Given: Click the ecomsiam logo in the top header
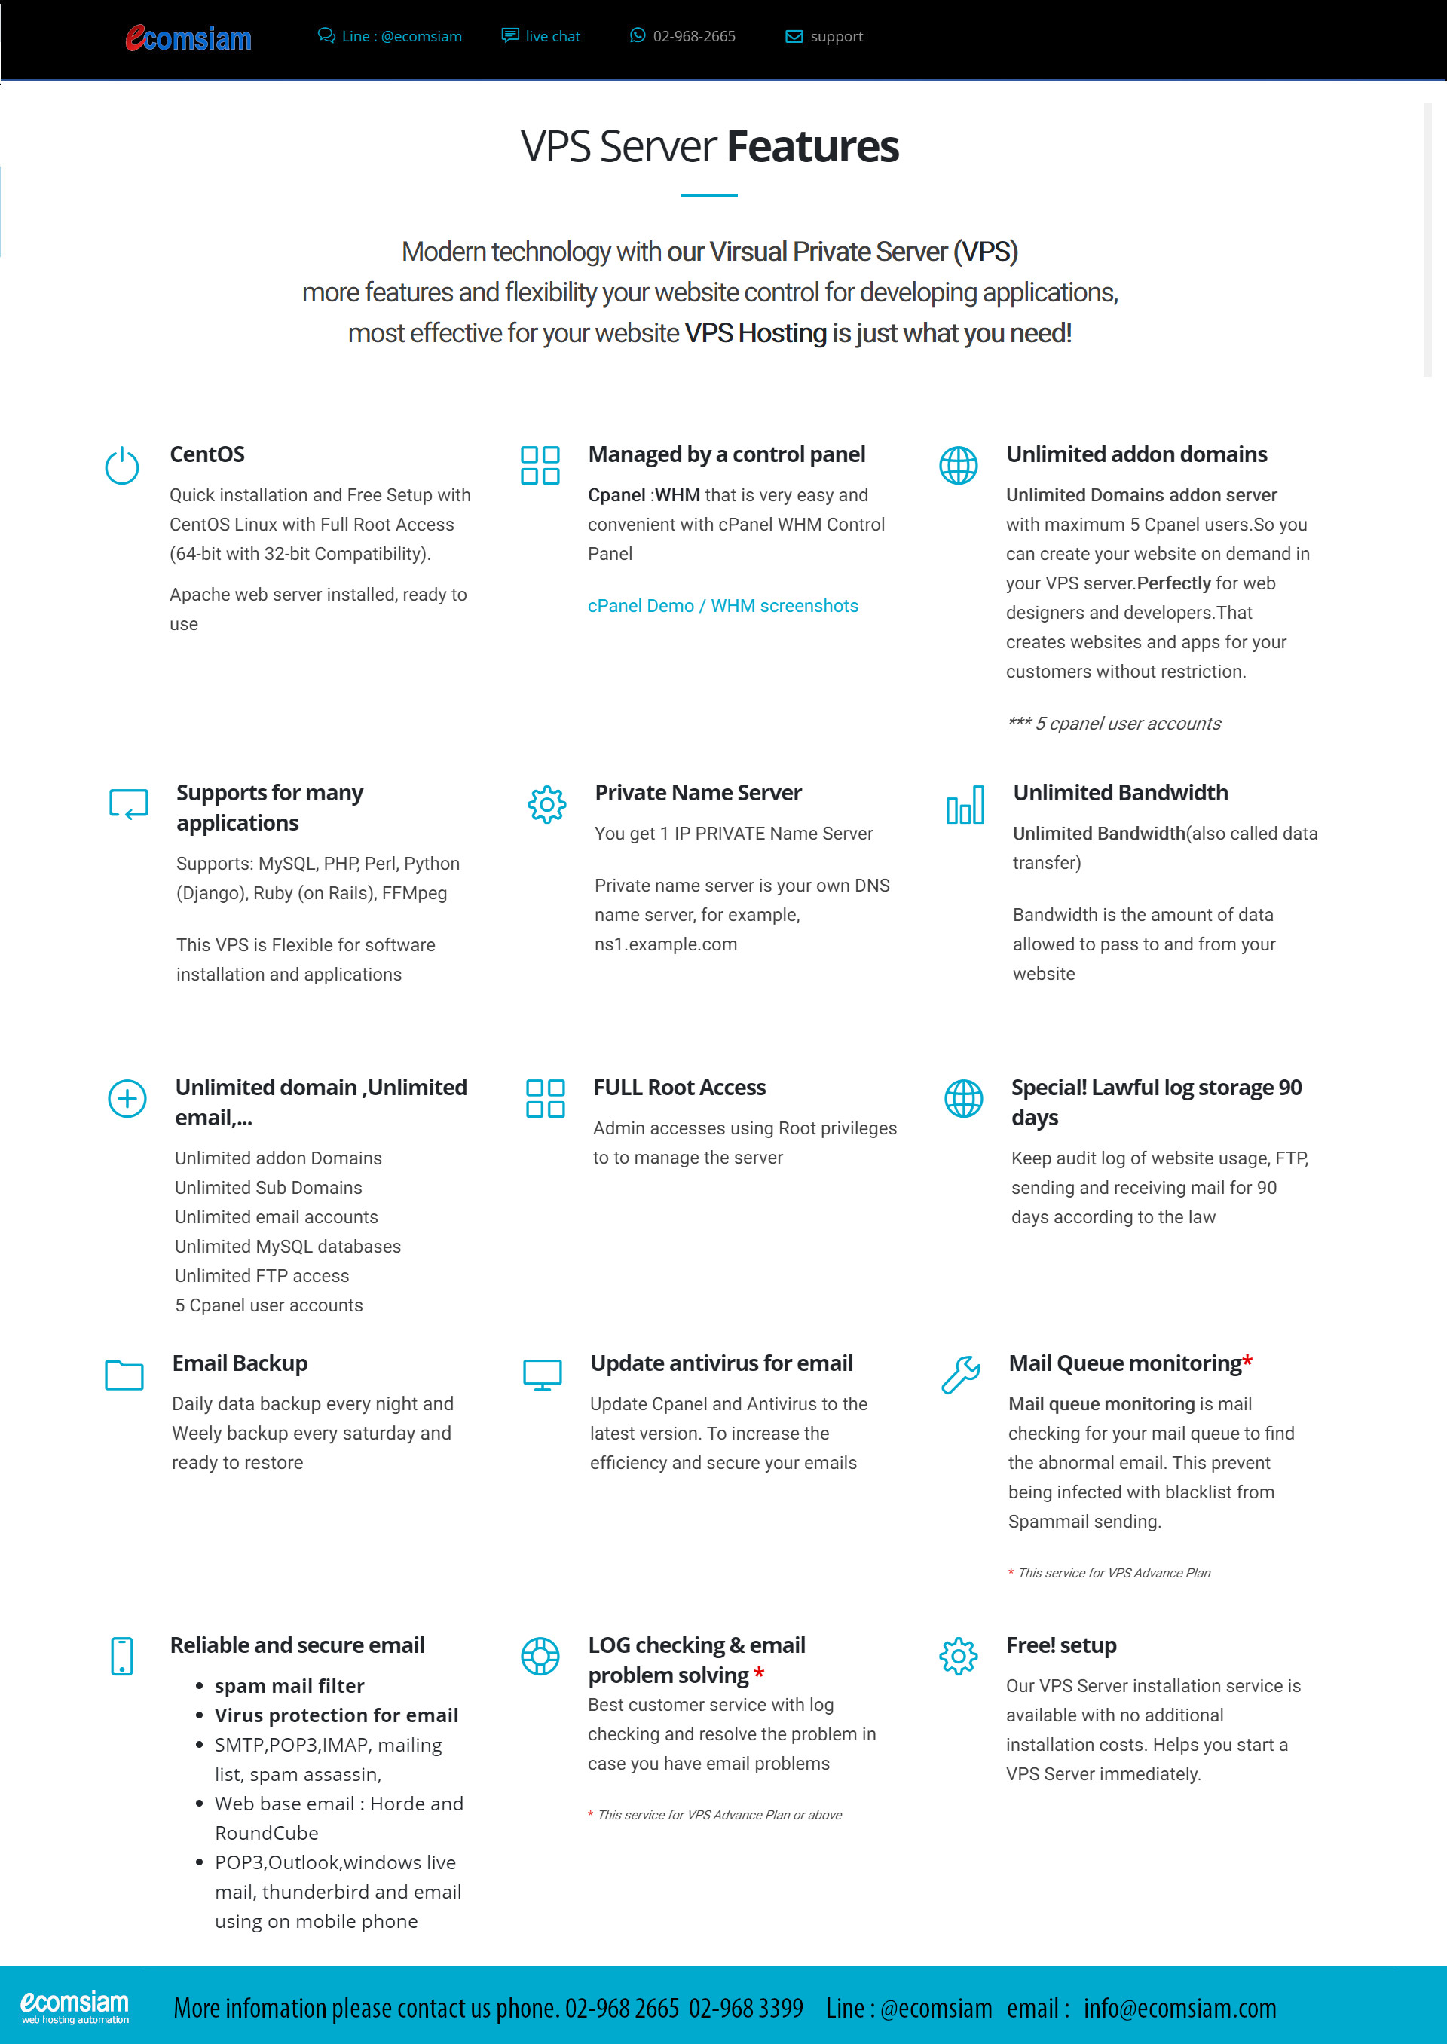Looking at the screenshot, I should point(188,38).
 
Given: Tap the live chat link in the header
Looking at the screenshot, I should point(541,36).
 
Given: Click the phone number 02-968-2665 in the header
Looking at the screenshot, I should point(683,36).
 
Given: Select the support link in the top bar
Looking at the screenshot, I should point(824,36).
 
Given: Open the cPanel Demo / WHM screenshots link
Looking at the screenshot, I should point(723,606).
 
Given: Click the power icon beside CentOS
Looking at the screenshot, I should point(122,466).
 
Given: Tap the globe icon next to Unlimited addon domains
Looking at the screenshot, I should point(958,466).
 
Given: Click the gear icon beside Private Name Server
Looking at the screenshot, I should point(546,805).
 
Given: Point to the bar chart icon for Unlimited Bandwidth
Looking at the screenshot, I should point(965,805).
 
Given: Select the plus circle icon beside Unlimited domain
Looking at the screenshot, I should point(127,1099).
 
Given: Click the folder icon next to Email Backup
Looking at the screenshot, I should point(124,1375).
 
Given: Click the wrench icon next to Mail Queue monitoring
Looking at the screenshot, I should point(960,1375).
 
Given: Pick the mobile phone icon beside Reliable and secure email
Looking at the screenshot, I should point(122,1657).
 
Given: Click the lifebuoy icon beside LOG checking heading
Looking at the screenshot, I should point(540,1657).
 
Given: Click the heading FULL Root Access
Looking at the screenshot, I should point(679,1087).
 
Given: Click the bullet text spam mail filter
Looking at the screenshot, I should point(289,1686).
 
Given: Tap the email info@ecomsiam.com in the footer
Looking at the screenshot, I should point(1179,2008).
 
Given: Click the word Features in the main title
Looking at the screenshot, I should point(812,147).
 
